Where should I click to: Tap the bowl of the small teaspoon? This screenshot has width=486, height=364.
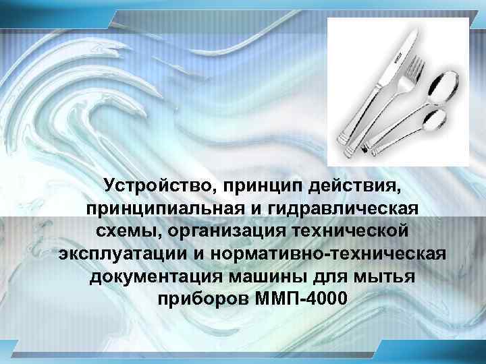point(437,120)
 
